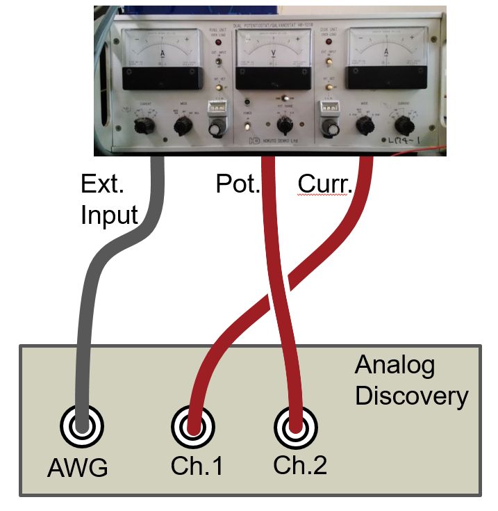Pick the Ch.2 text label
click(x=300, y=465)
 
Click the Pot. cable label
click(x=238, y=185)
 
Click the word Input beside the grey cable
click(x=109, y=216)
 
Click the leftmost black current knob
click(x=144, y=125)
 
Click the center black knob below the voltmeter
click(x=283, y=126)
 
